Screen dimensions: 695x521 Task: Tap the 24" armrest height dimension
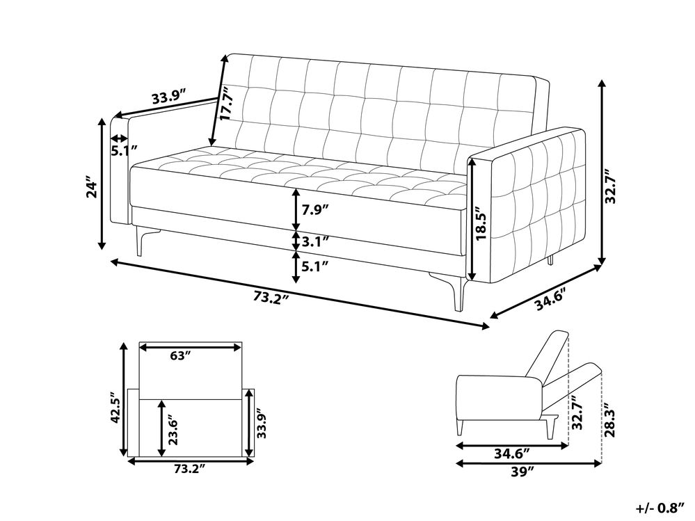[x=91, y=189]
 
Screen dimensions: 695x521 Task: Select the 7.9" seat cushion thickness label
[x=314, y=209]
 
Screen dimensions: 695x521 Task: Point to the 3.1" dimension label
[x=314, y=241]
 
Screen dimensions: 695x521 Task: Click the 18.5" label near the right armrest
[x=481, y=225]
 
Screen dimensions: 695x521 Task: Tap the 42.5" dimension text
[x=115, y=408]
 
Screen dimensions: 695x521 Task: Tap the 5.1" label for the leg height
[x=314, y=266]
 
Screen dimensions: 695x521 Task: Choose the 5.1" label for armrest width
[x=124, y=151]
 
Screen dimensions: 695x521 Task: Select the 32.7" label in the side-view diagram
[x=577, y=413]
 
